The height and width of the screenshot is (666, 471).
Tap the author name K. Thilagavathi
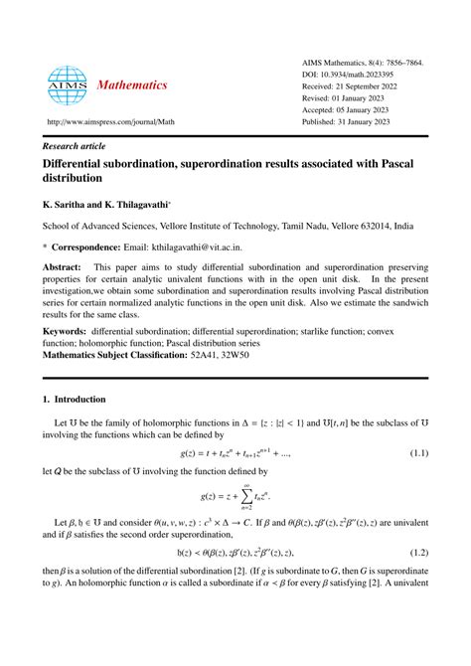144,206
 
